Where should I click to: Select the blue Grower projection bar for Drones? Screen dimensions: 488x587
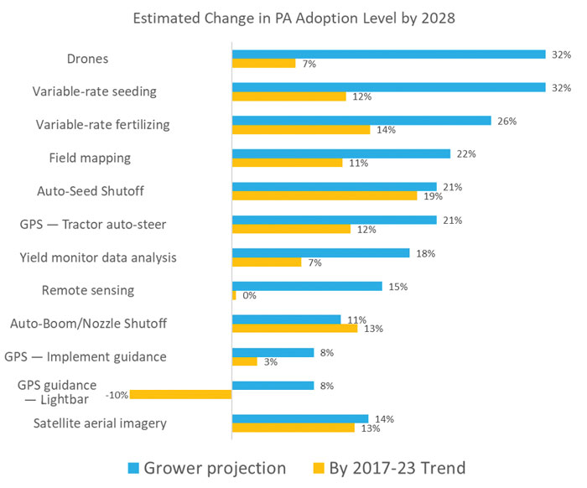click(x=389, y=55)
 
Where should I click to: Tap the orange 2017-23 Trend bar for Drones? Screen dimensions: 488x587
click(x=263, y=64)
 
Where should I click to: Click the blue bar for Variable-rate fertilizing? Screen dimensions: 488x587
click(x=361, y=121)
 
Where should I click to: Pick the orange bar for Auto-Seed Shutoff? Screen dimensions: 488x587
click(x=324, y=196)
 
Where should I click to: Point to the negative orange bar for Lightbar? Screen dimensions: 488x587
click(x=180, y=395)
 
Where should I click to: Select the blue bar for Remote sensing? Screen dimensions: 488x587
click(x=306, y=286)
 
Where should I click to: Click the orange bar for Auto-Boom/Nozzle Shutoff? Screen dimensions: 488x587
click(x=294, y=329)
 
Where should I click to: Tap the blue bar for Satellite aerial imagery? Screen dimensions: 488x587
click(x=299, y=418)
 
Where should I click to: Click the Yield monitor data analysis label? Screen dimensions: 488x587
click(x=99, y=257)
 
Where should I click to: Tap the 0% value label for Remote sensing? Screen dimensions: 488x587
click(x=249, y=295)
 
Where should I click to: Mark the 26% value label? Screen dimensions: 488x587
click(x=506, y=121)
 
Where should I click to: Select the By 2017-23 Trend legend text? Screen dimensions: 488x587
click(x=390, y=468)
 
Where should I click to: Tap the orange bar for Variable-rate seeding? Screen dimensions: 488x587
click(x=288, y=96)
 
